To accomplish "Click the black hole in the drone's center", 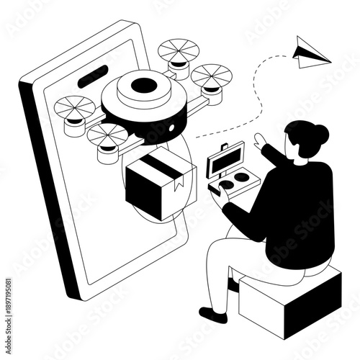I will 144,86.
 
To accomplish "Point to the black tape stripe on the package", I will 163,167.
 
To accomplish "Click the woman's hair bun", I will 318,133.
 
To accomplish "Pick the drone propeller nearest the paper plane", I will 211,75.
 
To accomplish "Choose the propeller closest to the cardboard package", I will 108,135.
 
